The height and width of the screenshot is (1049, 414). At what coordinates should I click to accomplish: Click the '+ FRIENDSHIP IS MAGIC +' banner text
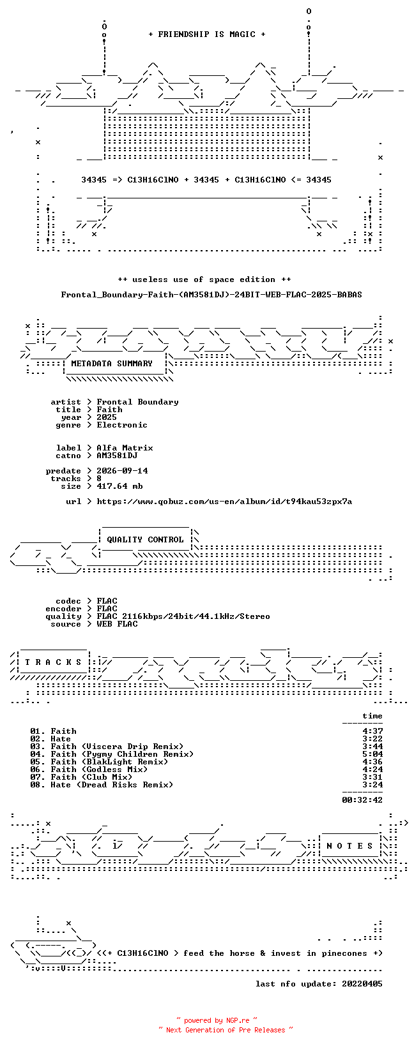point(207,34)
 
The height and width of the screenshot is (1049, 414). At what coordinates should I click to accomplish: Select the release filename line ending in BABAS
point(211,295)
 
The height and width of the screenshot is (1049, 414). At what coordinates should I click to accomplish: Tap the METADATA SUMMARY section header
point(112,364)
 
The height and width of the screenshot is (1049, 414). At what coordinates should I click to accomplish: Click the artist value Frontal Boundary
point(137,402)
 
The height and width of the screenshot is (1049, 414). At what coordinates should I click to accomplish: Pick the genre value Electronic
point(122,425)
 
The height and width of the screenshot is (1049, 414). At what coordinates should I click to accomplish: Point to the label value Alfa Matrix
point(125,448)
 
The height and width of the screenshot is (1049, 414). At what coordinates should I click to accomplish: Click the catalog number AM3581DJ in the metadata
point(117,455)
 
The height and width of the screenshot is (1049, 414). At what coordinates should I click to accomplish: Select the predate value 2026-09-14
point(122,471)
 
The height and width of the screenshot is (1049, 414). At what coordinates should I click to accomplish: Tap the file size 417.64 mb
point(119,486)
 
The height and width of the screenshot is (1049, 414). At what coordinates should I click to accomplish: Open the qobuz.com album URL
point(224,502)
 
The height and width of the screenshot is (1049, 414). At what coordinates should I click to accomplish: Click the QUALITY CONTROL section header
point(145,539)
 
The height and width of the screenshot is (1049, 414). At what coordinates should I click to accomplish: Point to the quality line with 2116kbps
point(183,616)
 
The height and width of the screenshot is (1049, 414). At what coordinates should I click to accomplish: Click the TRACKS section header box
point(53,662)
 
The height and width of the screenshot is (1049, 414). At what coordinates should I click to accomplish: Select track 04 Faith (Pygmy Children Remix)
point(112,754)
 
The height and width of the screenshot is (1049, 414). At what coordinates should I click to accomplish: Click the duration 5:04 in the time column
point(372,754)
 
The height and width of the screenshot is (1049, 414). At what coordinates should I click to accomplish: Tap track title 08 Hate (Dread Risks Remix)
point(102,784)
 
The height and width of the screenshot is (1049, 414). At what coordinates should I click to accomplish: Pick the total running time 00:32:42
point(362,800)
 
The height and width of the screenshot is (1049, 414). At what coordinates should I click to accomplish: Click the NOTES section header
point(349,845)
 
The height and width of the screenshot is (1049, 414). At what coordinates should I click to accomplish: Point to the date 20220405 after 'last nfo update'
point(362,983)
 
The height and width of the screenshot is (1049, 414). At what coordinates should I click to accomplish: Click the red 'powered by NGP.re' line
point(217,1020)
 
